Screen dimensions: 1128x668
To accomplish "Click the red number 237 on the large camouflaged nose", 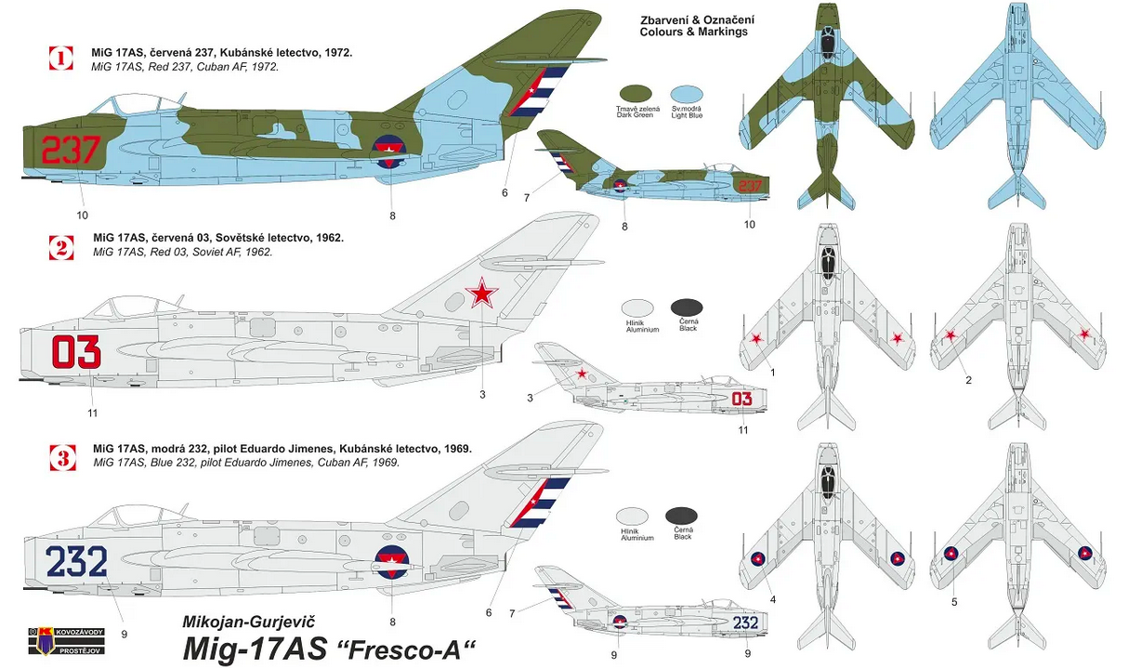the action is pyautogui.click(x=71, y=150).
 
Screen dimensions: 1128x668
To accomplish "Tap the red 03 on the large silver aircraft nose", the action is pyautogui.click(x=76, y=352).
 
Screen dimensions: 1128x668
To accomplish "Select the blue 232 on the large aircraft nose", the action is pyautogui.click(x=76, y=561).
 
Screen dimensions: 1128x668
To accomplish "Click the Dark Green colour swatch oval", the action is pyautogui.click(x=636, y=94).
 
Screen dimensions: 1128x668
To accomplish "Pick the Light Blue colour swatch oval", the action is pyautogui.click(x=687, y=94).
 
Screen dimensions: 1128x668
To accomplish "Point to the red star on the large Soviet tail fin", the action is pyautogui.click(x=482, y=293).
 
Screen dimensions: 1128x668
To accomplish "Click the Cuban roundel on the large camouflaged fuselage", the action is pyautogui.click(x=388, y=152).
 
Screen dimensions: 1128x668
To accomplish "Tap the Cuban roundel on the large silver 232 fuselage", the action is pyautogui.click(x=391, y=562).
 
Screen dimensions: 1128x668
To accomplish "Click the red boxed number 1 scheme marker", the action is pyautogui.click(x=61, y=59).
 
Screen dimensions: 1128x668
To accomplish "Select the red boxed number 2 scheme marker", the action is pyautogui.click(x=61, y=248).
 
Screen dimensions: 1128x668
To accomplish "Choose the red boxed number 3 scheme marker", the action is pyautogui.click(x=63, y=458).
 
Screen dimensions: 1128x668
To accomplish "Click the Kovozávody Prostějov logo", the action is pyautogui.click(x=67, y=641).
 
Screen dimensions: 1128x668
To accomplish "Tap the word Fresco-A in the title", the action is pyautogui.click(x=411, y=648).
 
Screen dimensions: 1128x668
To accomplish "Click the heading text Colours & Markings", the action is pyautogui.click(x=693, y=32).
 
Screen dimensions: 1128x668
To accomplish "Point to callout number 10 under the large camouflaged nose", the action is pyautogui.click(x=82, y=216).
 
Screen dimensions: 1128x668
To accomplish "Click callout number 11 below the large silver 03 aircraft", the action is pyautogui.click(x=92, y=413).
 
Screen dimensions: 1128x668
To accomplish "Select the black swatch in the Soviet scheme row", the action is pyautogui.click(x=687, y=308).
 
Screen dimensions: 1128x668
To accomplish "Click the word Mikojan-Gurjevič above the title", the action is pyautogui.click(x=248, y=622).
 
